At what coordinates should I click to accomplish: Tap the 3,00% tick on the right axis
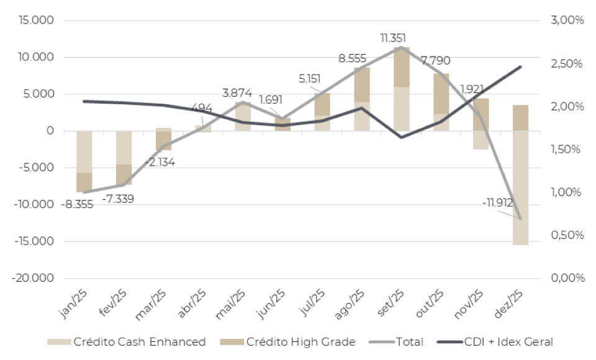coord(567,20)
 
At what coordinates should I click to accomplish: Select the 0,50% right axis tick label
coord(567,235)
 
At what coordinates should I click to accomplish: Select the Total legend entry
coord(397,341)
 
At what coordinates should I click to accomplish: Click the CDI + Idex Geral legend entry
coord(497,341)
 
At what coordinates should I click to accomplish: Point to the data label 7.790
coord(436,61)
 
